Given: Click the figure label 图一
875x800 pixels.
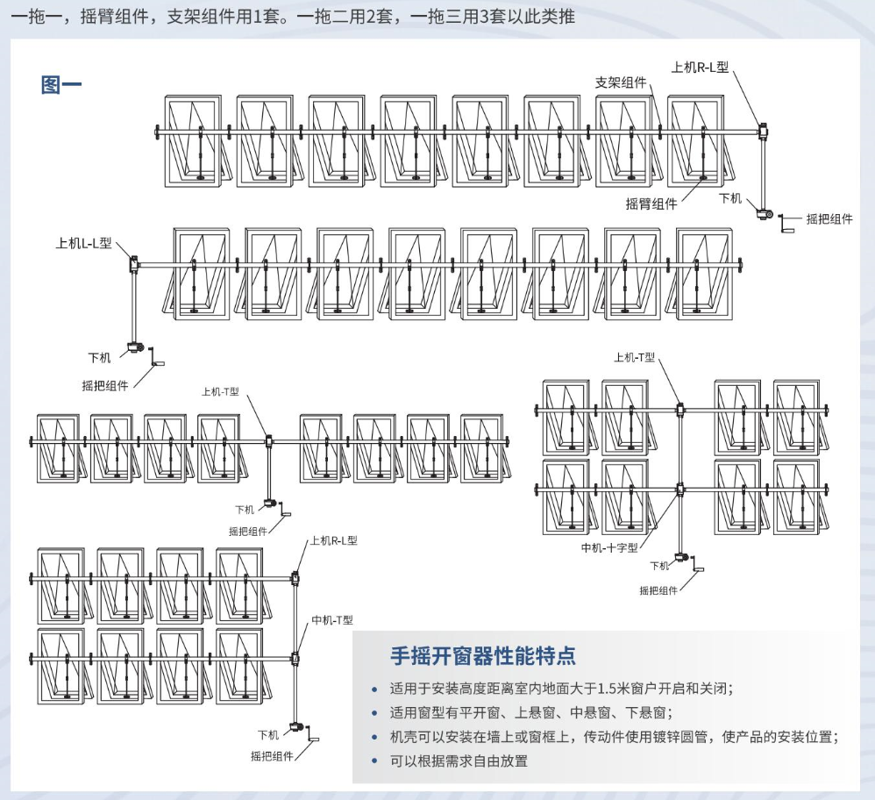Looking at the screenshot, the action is click(61, 85).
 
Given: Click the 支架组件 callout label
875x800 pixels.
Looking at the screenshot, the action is click(621, 82).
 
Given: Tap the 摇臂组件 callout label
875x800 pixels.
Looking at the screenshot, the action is click(651, 204).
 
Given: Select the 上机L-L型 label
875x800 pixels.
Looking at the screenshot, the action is click(83, 243).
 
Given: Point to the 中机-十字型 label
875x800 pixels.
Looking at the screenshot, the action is click(609, 547).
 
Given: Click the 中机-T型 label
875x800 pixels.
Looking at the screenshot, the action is click(332, 619).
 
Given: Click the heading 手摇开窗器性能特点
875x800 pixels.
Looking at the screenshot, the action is click(483, 655).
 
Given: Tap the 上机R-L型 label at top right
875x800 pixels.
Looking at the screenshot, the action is click(700, 68).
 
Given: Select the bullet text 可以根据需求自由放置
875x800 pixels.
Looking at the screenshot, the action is click(459, 761).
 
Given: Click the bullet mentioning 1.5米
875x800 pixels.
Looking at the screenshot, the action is click(561, 689).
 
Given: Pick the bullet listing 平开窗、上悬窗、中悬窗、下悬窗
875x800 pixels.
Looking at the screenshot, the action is click(531, 712).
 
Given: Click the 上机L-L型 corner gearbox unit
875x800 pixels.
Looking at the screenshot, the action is click(134, 263).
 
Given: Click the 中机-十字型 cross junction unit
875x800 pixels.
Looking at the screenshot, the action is click(679, 490).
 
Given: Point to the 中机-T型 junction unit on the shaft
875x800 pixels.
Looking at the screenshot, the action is click(295, 658).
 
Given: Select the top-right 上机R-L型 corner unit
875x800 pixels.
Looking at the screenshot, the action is click(762, 131).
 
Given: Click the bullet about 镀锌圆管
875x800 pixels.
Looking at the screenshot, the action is click(614, 737).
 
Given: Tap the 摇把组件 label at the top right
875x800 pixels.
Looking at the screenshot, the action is click(829, 218).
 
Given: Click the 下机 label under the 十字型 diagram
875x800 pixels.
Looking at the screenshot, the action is click(659, 566).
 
